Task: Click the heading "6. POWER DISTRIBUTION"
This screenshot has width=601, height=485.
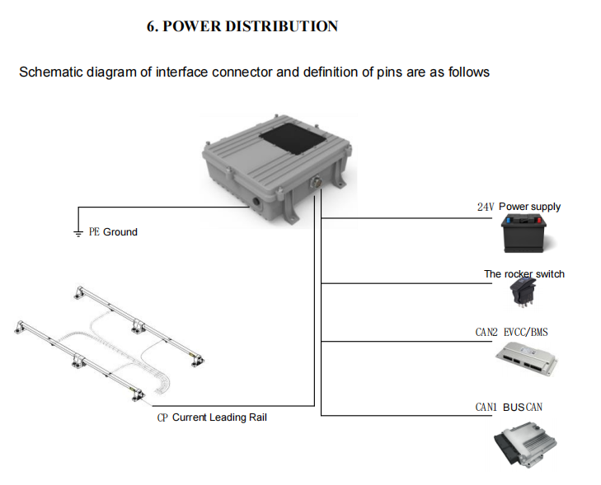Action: [242, 26]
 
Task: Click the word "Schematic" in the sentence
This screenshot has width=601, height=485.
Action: [49, 72]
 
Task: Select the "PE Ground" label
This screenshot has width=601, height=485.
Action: [113, 232]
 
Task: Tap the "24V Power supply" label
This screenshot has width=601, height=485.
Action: [519, 207]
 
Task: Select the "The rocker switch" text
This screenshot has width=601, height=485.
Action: [524, 274]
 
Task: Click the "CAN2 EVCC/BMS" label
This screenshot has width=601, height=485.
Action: [511, 333]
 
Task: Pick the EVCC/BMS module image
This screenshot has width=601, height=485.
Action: [525, 359]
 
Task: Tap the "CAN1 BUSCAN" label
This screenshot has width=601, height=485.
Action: [509, 407]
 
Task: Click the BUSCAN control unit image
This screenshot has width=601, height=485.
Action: [528, 444]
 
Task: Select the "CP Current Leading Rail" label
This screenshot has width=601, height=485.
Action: [211, 417]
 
